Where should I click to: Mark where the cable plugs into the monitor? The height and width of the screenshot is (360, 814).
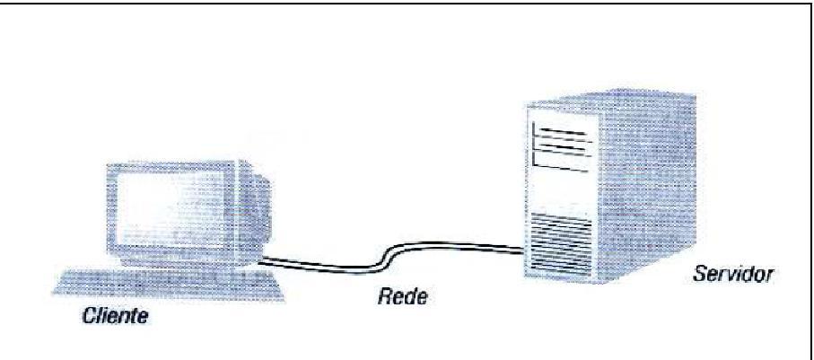click(260, 260)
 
